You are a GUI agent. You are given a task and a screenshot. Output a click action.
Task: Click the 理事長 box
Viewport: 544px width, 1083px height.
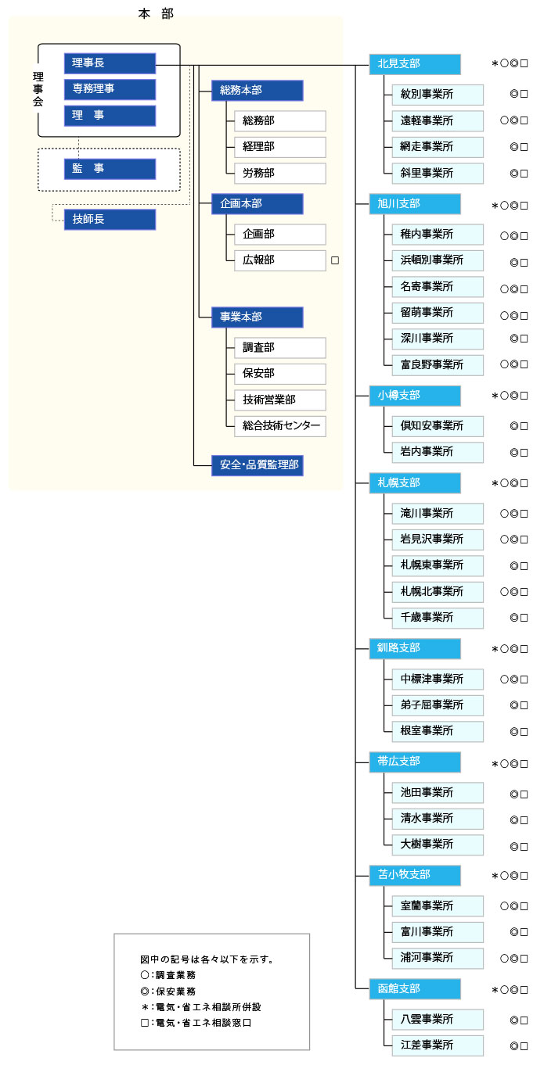[110, 63]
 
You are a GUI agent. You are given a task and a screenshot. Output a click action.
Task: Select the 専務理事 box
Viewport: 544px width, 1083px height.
[110, 89]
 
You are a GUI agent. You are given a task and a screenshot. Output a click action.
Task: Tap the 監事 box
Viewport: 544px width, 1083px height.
[110, 169]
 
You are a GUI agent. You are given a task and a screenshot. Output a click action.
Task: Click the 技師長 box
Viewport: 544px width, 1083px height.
[110, 220]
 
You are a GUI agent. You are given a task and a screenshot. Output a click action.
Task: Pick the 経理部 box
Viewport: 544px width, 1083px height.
[279, 147]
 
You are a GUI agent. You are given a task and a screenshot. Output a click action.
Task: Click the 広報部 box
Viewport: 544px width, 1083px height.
[279, 260]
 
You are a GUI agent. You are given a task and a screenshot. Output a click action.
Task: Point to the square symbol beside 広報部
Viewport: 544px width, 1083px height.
[335, 260]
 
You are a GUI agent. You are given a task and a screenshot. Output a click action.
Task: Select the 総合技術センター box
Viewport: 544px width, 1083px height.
[279, 426]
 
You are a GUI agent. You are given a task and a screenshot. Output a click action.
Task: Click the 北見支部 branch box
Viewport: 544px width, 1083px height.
[415, 64]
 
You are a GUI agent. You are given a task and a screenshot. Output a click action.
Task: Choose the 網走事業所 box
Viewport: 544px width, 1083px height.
[438, 147]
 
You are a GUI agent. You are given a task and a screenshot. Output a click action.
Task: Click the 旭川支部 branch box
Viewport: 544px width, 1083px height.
[415, 203]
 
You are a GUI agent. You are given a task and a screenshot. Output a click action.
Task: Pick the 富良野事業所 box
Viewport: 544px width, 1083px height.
[438, 364]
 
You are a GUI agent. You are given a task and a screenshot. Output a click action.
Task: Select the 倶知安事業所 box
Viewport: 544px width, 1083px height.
[438, 426]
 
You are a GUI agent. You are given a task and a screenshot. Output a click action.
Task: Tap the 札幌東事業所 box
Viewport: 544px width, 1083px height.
[438, 565]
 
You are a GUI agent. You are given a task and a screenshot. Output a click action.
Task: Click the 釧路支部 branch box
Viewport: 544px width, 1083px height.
[415, 648]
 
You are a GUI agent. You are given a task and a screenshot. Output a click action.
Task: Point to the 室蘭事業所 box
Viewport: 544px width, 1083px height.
[438, 906]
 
